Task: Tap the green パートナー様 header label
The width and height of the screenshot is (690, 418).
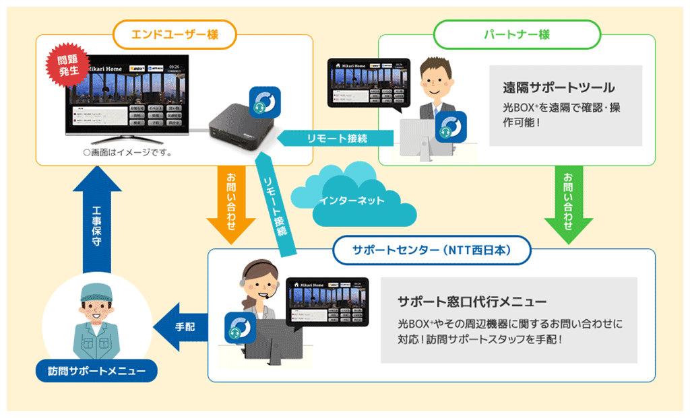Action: point(516,34)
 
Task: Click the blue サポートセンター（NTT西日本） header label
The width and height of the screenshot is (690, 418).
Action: point(432,249)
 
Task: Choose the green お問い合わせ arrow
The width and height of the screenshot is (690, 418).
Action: point(568,204)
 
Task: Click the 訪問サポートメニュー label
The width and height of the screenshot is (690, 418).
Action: point(96,370)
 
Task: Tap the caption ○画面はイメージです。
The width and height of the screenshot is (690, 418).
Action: point(127,153)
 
